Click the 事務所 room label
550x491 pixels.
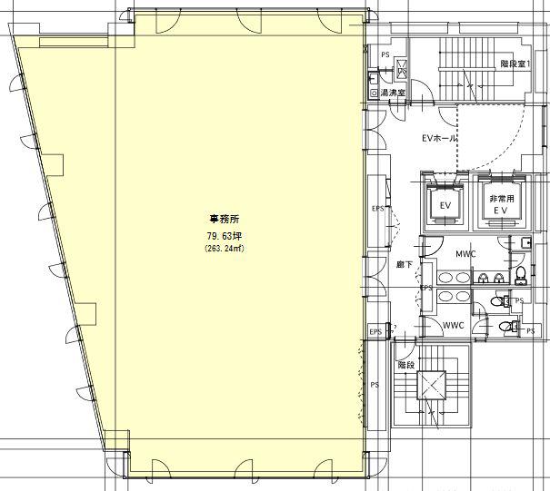pos(225,220)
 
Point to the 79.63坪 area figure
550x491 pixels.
pos(225,236)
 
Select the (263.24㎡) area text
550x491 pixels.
pos(225,249)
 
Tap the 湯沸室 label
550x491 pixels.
pos(393,93)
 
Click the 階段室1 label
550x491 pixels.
pos(515,64)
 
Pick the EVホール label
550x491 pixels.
pos(439,138)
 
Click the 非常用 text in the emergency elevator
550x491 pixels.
pos(502,199)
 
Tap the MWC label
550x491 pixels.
pos(465,253)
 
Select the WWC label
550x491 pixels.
pos(454,325)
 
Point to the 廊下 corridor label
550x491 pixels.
pos(404,265)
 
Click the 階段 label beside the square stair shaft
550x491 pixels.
pos(406,365)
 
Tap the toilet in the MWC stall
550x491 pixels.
pos(521,275)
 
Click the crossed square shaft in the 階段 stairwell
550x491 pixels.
pos(431,385)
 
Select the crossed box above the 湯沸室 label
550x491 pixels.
pos(401,67)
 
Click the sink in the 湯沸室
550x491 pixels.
pos(374,80)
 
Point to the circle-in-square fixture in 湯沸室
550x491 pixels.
pos(375,93)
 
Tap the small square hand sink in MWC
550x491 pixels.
pos(525,242)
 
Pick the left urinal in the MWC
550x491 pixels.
pos(483,279)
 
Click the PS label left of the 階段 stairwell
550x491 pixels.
pos(375,385)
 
